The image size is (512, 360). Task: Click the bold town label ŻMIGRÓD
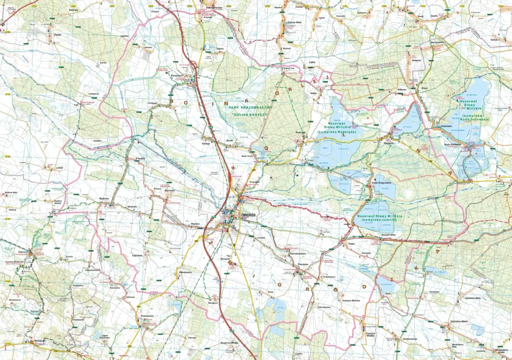248,215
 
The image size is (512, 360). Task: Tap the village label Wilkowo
402,89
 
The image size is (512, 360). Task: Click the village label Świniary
73,9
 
